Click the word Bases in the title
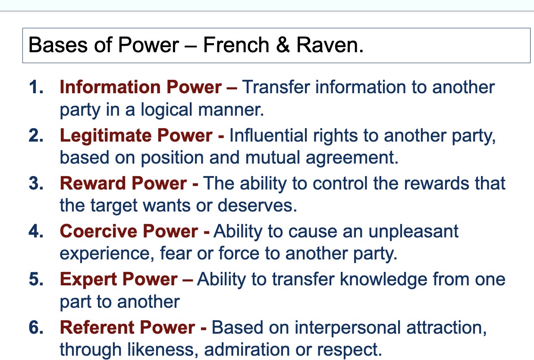58,45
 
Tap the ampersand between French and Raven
283,45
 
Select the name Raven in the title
330,45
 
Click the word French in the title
236,45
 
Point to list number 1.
36,87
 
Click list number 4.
36,231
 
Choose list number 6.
36,327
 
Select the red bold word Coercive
98,231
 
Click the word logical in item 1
166,110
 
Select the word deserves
257,205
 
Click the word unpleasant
413,232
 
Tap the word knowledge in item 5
383,280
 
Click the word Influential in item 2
268,136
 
